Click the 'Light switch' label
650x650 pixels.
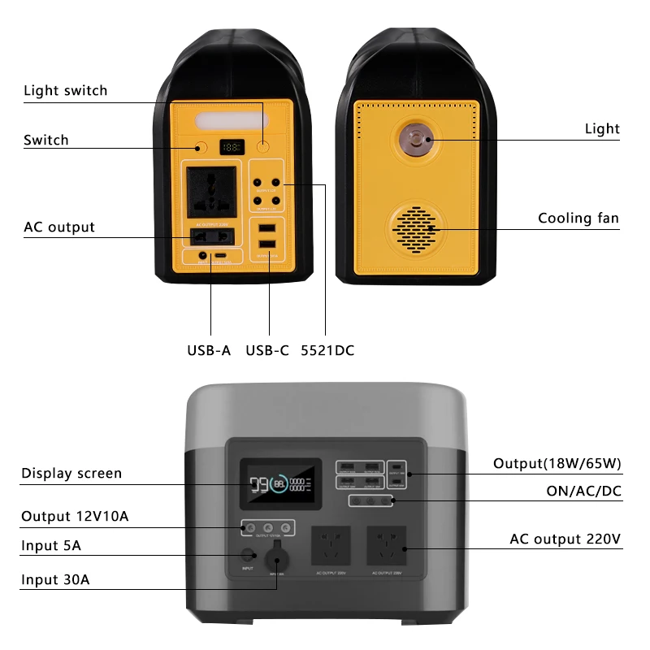tap(65, 90)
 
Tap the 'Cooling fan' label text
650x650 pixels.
tap(578, 218)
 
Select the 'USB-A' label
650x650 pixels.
tap(209, 350)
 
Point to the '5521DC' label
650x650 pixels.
tap(327, 350)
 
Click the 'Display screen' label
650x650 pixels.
tap(71, 473)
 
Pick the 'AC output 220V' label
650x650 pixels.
tap(565, 539)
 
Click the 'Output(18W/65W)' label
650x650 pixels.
tap(557, 463)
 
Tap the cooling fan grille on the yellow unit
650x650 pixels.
tap(416, 227)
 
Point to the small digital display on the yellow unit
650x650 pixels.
tap(232, 147)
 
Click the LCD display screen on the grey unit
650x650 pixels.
tap(279, 485)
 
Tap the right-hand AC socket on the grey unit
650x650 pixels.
tap(387, 546)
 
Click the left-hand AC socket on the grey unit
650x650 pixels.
tap(331, 546)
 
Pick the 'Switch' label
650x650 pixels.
tap(45, 140)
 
